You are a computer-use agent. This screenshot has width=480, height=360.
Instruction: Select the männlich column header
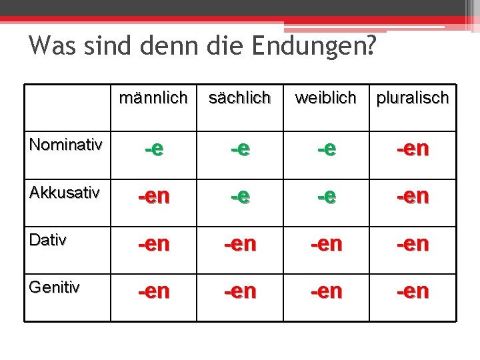click(x=153, y=99)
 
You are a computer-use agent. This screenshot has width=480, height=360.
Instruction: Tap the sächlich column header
click(x=239, y=99)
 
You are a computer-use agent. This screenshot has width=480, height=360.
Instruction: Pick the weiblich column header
click(x=325, y=99)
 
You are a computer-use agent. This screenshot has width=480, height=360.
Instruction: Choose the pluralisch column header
click(x=413, y=99)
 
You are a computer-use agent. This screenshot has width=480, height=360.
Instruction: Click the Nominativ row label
click(x=66, y=145)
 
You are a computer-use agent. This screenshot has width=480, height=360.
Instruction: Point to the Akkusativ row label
click(x=65, y=193)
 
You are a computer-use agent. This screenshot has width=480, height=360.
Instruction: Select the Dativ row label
click(x=48, y=240)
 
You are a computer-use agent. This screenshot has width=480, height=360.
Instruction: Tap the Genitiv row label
click(x=55, y=287)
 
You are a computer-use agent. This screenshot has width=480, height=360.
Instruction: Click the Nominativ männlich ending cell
click(x=153, y=149)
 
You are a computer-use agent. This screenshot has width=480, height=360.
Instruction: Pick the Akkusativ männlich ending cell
click(x=153, y=197)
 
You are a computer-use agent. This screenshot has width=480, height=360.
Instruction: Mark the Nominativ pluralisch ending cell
click(x=413, y=149)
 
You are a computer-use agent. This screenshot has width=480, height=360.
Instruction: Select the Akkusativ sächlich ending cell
click(x=239, y=197)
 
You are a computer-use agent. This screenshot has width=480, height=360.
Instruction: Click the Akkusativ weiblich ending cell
click(x=325, y=197)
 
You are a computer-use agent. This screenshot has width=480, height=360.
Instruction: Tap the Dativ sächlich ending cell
click(x=239, y=244)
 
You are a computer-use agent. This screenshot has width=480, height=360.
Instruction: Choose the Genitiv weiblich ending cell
click(x=325, y=291)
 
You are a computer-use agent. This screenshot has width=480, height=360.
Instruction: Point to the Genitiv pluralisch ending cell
click(x=413, y=291)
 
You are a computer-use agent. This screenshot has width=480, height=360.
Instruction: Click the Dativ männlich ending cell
click(x=153, y=244)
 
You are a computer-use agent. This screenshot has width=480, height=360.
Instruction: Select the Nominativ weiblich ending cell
click(x=325, y=149)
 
